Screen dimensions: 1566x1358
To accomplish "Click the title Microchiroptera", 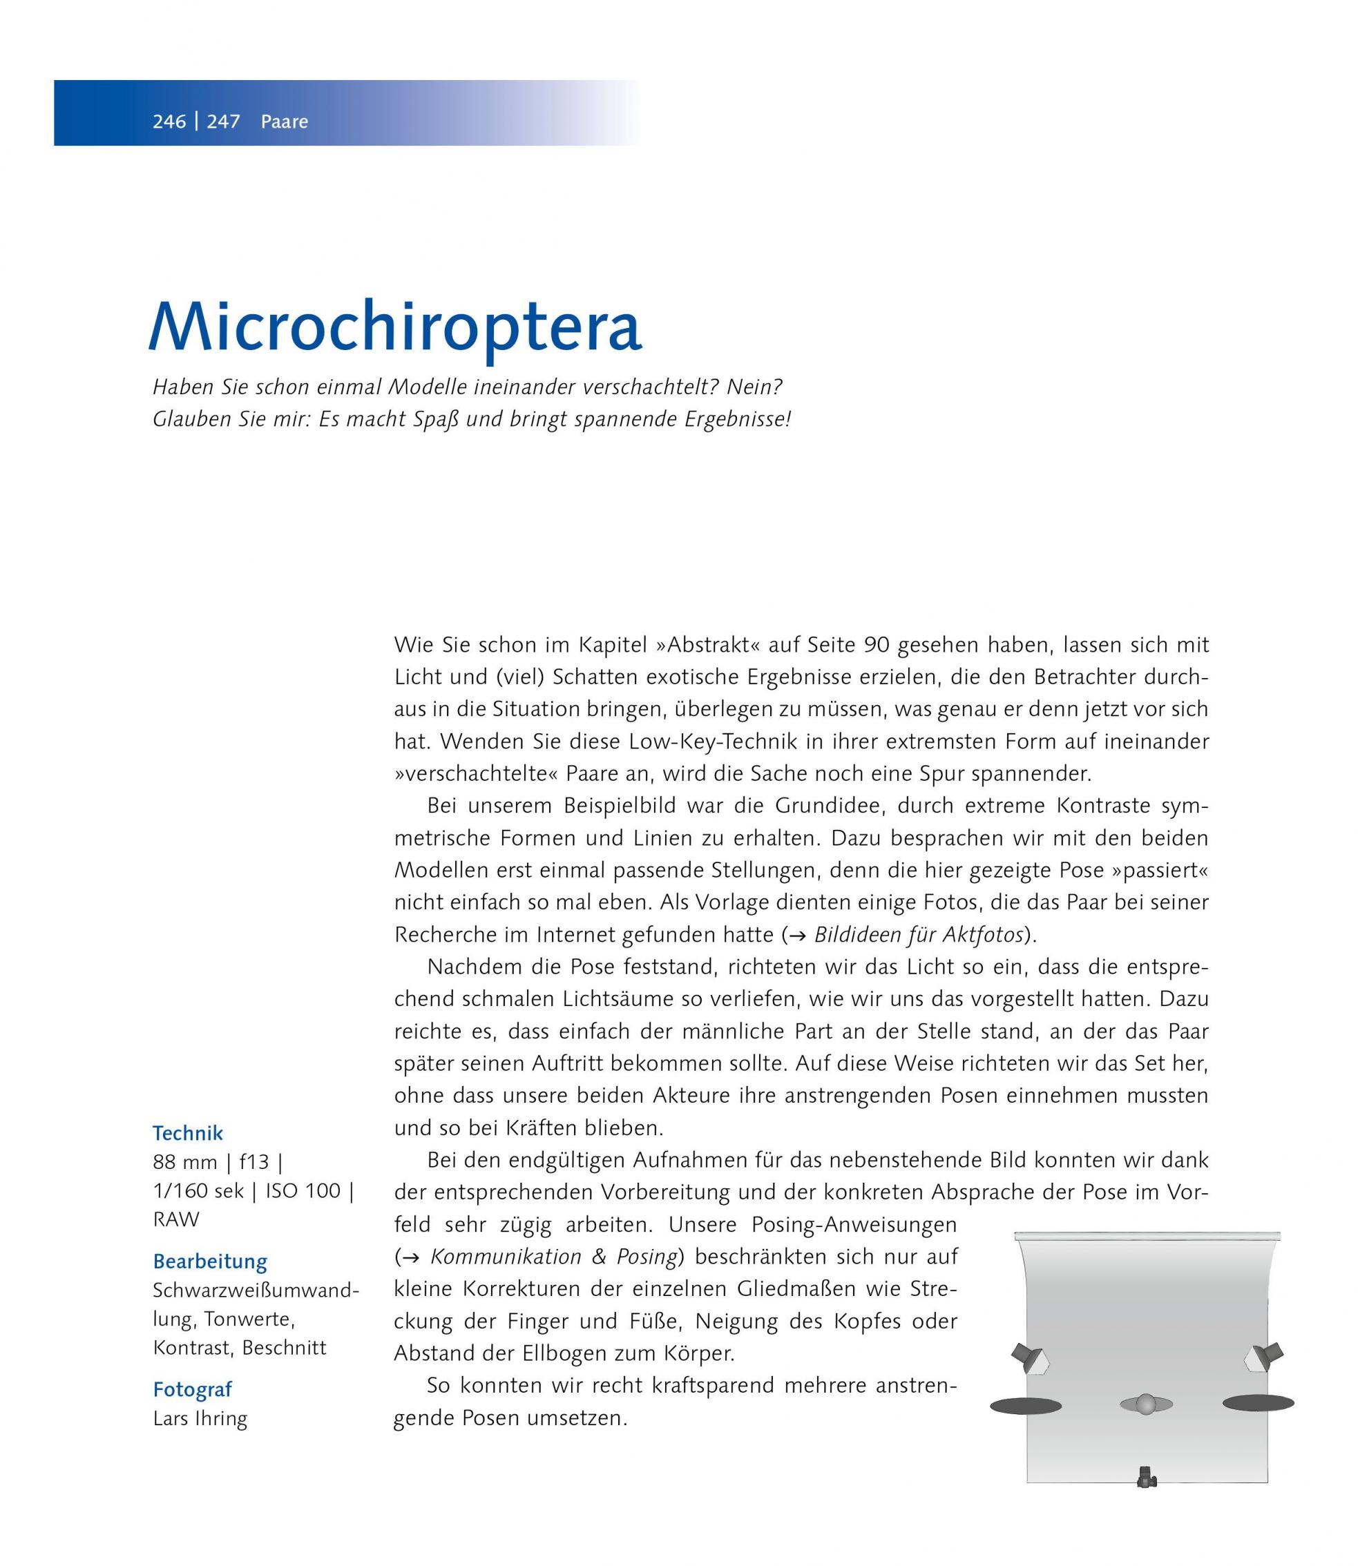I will click(395, 327).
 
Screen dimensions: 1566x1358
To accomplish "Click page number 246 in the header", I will click(169, 122).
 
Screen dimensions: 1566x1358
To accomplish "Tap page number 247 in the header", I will click(224, 122).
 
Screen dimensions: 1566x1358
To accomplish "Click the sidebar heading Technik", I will click(188, 1133).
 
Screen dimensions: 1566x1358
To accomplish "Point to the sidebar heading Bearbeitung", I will click(210, 1262).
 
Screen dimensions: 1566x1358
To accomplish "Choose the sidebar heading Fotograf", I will click(192, 1389).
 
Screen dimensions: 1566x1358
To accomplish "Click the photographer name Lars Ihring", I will click(200, 1419).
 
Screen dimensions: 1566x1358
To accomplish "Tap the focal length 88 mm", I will click(184, 1163).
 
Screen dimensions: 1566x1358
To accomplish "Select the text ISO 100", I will click(303, 1192).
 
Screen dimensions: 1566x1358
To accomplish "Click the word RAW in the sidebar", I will click(176, 1220).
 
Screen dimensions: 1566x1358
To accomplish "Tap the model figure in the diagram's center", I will click(1146, 1404).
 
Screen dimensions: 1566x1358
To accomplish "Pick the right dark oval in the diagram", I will click(1258, 1403).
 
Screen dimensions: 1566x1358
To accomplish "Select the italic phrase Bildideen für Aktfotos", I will click(919, 935).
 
